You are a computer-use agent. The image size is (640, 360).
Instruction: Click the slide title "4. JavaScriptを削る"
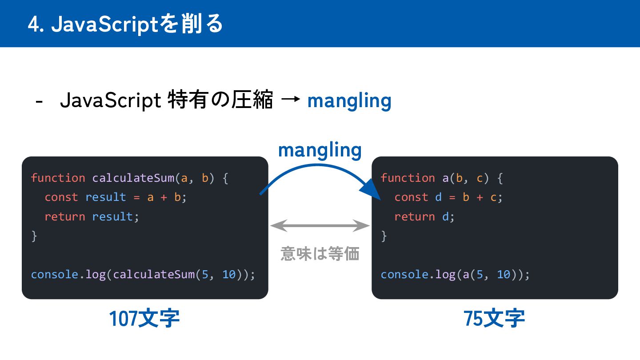click(x=125, y=24)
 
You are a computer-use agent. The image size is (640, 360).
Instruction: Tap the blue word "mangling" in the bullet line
click(x=349, y=101)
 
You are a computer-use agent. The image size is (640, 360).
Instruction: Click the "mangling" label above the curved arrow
click(x=320, y=150)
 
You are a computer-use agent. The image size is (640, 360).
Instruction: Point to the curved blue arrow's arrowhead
click(x=371, y=192)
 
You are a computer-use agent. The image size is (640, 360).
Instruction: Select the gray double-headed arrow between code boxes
click(x=320, y=226)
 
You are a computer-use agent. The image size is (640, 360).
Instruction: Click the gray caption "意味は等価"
click(x=320, y=254)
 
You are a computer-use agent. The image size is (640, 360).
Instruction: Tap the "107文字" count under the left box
click(x=144, y=319)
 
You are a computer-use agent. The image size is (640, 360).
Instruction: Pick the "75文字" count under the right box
click(x=494, y=319)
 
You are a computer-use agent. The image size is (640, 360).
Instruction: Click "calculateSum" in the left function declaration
click(x=133, y=178)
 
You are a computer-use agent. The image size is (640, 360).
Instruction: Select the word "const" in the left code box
click(x=61, y=197)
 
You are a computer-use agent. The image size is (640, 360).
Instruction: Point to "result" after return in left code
click(x=113, y=216)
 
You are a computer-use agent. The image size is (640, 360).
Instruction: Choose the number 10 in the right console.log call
click(x=504, y=274)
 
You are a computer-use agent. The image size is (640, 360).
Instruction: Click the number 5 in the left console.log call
click(x=205, y=274)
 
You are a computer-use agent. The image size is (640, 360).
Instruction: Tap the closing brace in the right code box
click(x=384, y=236)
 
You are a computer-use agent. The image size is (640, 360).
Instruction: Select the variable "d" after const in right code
click(x=438, y=197)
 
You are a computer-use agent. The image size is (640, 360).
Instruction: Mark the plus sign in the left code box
click(x=164, y=197)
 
